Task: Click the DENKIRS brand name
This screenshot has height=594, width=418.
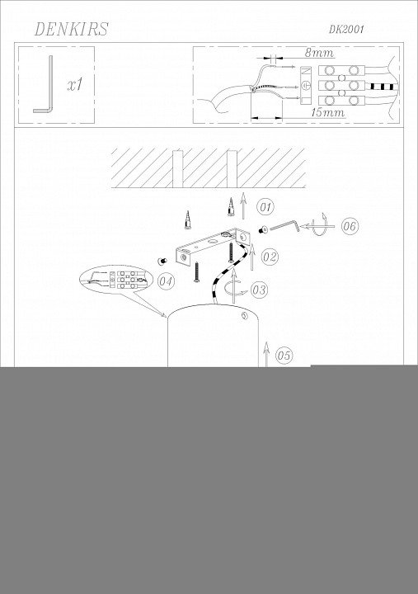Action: pyautogui.click(x=71, y=29)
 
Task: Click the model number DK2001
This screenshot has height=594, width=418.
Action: pyautogui.click(x=346, y=30)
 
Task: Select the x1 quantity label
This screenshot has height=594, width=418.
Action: pyautogui.click(x=75, y=85)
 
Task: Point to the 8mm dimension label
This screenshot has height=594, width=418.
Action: pyautogui.click(x=319, y=53)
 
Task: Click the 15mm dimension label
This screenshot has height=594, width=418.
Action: pyautogui.click(x=328, y=112)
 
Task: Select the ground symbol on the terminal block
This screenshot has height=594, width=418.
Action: pyautogui.click(x=307, y=86)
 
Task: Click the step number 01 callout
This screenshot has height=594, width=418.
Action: pyautogui.click(x=265, y=207)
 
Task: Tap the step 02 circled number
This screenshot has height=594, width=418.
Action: pyautogui.click(x=270, y=257)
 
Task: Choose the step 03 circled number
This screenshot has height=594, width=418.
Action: pyautogui.click(x=260, y=290)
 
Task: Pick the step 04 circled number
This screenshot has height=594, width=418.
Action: pyautogui.click(x=166, y=281)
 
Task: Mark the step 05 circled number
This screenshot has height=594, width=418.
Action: pyautogui.click(x=284, y=355)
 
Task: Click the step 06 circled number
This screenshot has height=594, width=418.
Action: pyautogui.click(x=350, y=226)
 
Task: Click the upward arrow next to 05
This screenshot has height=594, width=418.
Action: pyautogui.click(x=266, y=354)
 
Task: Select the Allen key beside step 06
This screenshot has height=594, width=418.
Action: pyautogui.click(x=284, y=226)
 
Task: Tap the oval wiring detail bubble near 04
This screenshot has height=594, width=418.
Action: pyautogui.click(x=115, y=279)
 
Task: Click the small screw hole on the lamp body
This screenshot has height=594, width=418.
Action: pyautogui.click(x=244, y=316)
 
